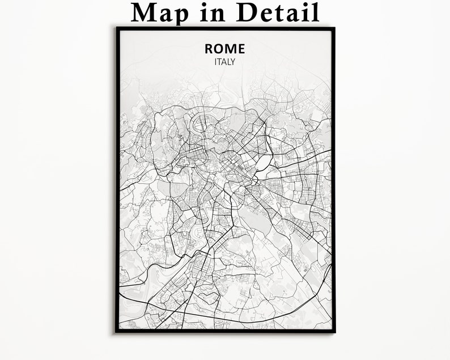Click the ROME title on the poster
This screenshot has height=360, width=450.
225,49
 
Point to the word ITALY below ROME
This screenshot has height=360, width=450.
225,62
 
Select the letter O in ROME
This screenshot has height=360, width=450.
219,49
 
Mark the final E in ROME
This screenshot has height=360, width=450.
241,49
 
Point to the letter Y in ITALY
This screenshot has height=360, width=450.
232,62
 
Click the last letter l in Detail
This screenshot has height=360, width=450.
315,12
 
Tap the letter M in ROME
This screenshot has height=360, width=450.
231,49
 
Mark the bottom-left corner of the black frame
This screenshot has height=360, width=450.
117,331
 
